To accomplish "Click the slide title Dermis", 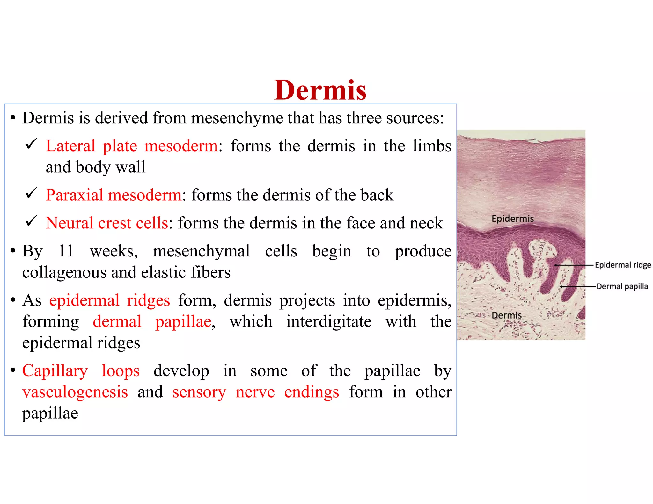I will [320, 90].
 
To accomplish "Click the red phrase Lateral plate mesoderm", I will [132, 146].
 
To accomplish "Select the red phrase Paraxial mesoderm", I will [114, 195].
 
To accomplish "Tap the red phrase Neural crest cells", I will [107, 223].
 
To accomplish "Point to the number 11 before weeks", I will [66, 251].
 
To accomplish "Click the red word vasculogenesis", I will [75, 392].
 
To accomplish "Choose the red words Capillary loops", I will [81, 371].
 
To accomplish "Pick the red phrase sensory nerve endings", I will [255, 392].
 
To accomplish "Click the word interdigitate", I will [329, 321].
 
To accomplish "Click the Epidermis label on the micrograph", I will [512, 219].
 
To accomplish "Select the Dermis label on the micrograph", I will [506, 315].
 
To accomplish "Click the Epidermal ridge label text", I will [623, 265].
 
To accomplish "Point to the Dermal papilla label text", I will [622, 286].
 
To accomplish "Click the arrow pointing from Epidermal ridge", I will [574, 265].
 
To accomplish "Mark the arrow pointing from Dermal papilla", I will [578, 287].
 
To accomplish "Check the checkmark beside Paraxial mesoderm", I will [31, 193].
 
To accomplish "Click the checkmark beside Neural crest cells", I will [31, 221].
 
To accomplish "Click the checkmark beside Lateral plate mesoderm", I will [31, 144].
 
